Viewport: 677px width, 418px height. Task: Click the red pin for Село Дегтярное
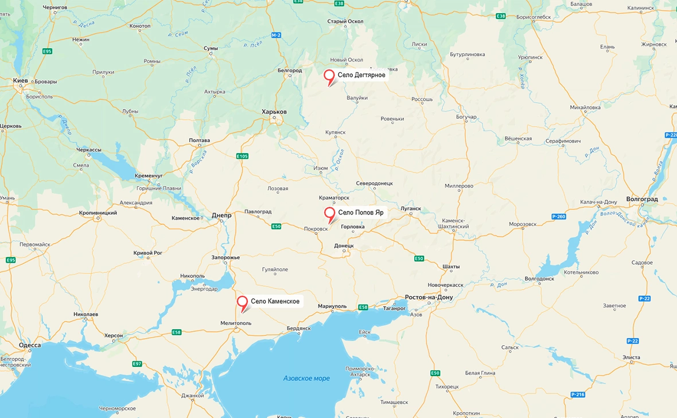pyautogui.click(x=329, y=76)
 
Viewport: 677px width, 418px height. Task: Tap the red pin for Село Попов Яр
pyautogui.click(x=330, y=213)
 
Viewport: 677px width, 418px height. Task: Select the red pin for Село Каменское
pyautogui.click(x=243, y=302)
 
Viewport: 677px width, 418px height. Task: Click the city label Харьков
pyautogui.click(x=274, y=112)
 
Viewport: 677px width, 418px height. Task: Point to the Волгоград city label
pyautogui.click(x=642, y=199)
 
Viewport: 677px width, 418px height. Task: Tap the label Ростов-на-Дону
pyautogui.click(x=429, y=298)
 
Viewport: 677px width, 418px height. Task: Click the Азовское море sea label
pyautogui.click(x=306, y=378)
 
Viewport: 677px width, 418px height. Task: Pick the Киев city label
pyautogui.click(x=21, y=81)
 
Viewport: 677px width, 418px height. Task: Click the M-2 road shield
pyautogui.click(x=277, y=36)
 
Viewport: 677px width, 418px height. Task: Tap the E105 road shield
pyautogui.click(x=242, y=156)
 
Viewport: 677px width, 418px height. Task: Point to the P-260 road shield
pyautogui.click(x=558, y=216)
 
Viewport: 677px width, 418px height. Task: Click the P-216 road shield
pyautogui.click(x=578, y=394)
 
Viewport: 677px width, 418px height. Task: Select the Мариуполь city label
pyautogui.click(x=333, y=306)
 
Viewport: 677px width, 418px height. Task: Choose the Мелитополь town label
pyautogui.click(x=236, y=323)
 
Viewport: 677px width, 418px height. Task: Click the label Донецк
pyautogui.click(x=344, y=245)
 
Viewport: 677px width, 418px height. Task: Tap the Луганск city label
pyautogui.click(x=411, y=209)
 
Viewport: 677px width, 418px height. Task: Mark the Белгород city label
pyautogui.click(x=290, y=71)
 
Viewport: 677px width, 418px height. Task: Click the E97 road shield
pyautogui.click(x=137, y=364)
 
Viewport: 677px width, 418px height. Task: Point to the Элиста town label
pyautogui.click(x=631, y=357)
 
